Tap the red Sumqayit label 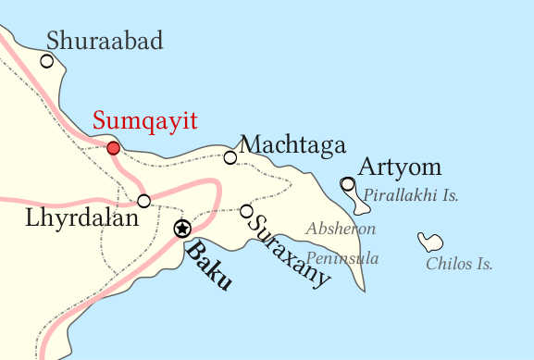[x=145, y=121]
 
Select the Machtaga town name [x=292, y=145]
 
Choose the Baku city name [x=208, y=267]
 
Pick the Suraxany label [x=290, y=250]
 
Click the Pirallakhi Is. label [x=411, y=196]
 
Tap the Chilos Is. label [x=459, y=265]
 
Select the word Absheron [x=341, y=229]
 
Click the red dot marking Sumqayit [x=113, y=148]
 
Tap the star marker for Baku [x=182, y=229]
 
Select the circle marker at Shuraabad [x=46, y=61]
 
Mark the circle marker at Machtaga [x=230, y=157]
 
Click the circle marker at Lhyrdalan [x=143, y=201]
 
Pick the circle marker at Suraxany [x=246, y=211]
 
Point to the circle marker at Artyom [x=347, y=184]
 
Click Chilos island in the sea [x=429, y=242]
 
